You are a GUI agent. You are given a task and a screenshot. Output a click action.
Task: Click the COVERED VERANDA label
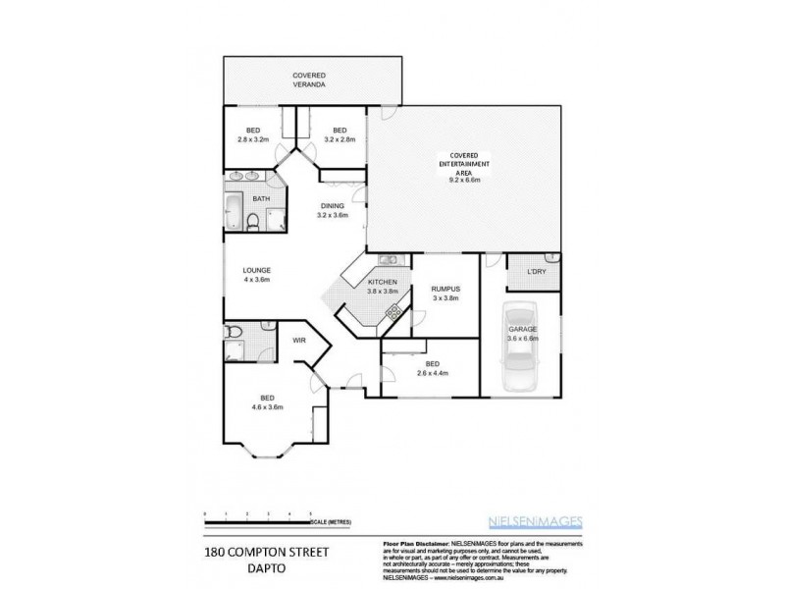coord(309,80)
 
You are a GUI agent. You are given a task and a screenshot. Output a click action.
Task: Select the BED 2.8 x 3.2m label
coord(252,134)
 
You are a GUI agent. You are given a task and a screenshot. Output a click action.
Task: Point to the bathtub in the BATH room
coord(233,212)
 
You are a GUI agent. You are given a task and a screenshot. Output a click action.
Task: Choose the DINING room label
coord(334,210)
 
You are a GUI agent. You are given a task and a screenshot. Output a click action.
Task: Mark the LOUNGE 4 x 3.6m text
coord(256,274)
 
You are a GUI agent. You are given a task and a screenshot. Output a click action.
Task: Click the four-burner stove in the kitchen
coord(392,314)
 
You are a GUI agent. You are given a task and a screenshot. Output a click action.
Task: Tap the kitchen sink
coord(386,260)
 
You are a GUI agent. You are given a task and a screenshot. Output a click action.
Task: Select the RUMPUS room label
coord(445,293)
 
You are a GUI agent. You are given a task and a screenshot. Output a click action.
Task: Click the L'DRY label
coord(536,271)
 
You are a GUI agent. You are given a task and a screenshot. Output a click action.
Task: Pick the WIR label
coord(300,341)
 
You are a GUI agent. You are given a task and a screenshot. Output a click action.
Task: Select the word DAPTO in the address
coord(224,567)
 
